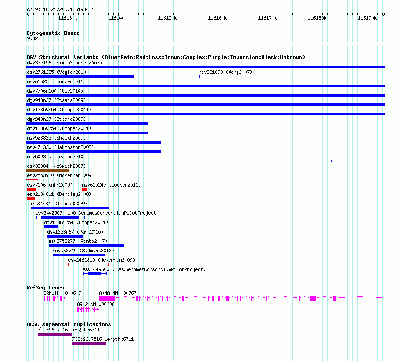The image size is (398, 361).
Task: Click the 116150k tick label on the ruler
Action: click(167, 18)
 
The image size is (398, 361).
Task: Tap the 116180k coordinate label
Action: click(317, 18)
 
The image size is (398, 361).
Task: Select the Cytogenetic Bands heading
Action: click(53, 33)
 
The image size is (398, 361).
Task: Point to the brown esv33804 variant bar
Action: click(47, 170)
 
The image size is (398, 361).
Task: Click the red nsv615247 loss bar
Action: click(85, 189)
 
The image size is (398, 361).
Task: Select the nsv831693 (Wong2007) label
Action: click(225, 72)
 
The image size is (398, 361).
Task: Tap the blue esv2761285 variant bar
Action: click(80, 76)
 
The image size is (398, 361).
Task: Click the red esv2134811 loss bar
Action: click(31, 199)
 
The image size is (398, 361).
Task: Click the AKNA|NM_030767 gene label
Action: click(118, 293)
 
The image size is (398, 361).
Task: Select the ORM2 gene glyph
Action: click(85, 309)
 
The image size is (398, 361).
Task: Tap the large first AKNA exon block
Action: click(107, 298)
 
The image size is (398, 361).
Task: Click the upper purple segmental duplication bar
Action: click(55, 334)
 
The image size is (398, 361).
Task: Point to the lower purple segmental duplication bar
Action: click(89, 344)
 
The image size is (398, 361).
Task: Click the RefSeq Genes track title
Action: click(45, 288)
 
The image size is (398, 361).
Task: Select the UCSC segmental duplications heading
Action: click(69, 324)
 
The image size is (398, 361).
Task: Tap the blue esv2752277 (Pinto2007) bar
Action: click(86, 246)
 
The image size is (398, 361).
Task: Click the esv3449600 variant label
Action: click(96, 269)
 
